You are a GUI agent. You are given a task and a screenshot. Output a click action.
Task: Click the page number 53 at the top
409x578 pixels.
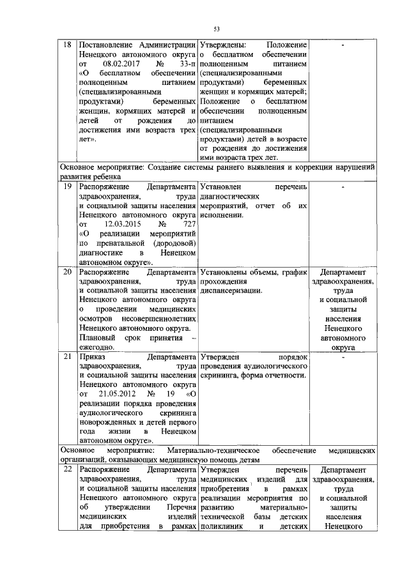pos(217,29)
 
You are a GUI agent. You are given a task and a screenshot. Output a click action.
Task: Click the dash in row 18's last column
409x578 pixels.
pos(343,45)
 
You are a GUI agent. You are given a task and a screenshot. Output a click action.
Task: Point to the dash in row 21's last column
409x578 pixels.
pos(343,357)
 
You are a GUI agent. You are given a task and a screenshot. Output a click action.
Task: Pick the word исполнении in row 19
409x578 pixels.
pos(221,215)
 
